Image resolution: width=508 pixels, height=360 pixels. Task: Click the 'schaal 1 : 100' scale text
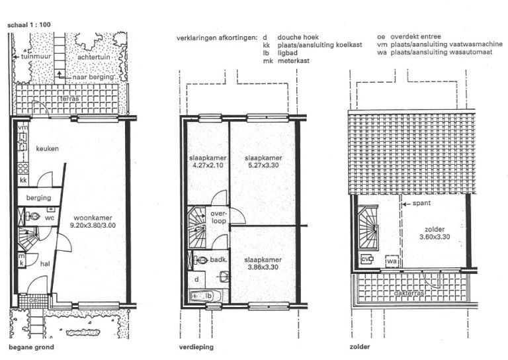tap(28, 24)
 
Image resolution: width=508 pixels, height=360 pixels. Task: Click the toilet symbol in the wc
tap(35, 216)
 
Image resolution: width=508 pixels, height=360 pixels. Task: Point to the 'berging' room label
tap(38, 198)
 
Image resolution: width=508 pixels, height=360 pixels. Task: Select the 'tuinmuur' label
tap(34, 58)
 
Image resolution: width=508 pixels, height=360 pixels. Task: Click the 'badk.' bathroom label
tap(220, 261)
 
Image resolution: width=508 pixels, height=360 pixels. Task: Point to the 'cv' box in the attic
tap(366, 259)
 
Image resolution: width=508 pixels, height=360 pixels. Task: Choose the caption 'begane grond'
tap(31, 347)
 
